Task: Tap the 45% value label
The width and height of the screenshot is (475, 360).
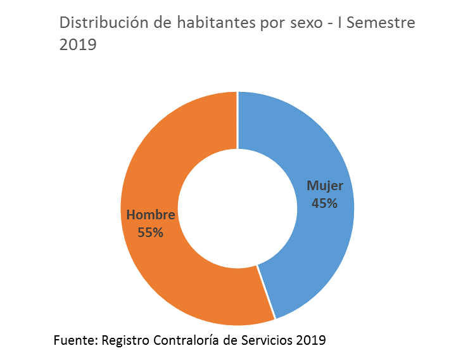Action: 325,203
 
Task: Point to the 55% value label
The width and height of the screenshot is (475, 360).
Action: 150,232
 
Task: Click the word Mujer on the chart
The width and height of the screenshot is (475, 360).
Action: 325,186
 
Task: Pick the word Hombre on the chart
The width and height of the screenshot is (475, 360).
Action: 151,215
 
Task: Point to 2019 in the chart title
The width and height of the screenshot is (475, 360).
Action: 77,46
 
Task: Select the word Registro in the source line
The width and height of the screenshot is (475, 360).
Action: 125,340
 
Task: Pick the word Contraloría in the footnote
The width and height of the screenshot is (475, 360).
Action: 185,340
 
